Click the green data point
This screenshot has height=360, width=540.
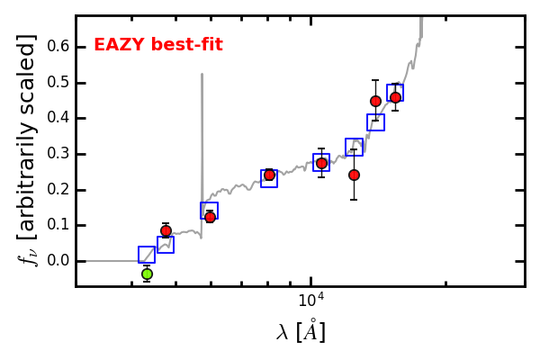tap(147, 274)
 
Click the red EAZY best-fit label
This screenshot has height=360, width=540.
tap(158, 45)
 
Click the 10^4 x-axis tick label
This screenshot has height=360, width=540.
tap(310, 301)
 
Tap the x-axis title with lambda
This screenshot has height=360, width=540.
tap(301, 331)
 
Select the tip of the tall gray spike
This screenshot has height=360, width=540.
tap(202, 75)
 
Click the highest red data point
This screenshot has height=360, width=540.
tap(395, 97)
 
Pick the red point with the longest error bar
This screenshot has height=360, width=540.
tap(354, 175)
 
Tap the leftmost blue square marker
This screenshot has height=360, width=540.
tap(147, 255)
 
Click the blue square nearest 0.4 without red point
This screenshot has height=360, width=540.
tap(375, 122)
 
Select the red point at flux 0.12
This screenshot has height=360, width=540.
tap(210, 217)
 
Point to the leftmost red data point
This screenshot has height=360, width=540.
tap(166, 230)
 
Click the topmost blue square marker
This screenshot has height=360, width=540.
tap(395, 93)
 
